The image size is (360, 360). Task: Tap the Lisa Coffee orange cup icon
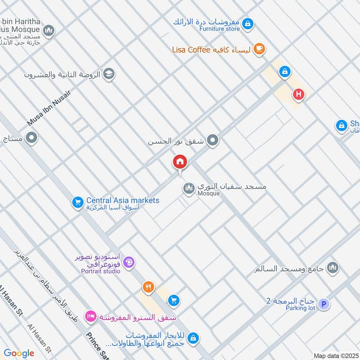[x=259, y=49]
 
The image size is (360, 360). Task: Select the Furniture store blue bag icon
[x=248, y=23]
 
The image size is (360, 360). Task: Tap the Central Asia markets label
[x=123, y=200]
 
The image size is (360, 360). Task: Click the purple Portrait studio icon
[x=129, y=262]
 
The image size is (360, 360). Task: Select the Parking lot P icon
[x=323, y=305]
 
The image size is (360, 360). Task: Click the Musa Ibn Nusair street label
[x=49, y=108]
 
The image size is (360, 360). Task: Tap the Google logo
[x=19, y=353]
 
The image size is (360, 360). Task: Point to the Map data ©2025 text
[x=335, y=355]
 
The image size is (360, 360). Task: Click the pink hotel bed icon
[x=90, y=317]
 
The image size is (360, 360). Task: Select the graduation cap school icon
[x=108, y=74]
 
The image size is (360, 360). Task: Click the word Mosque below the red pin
[x=208, y=193]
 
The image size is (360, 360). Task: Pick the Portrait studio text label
[x=100, y=271]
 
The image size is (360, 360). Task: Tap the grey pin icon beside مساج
[x=31, y=138]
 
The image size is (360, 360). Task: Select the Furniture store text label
[x=220, y=29]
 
